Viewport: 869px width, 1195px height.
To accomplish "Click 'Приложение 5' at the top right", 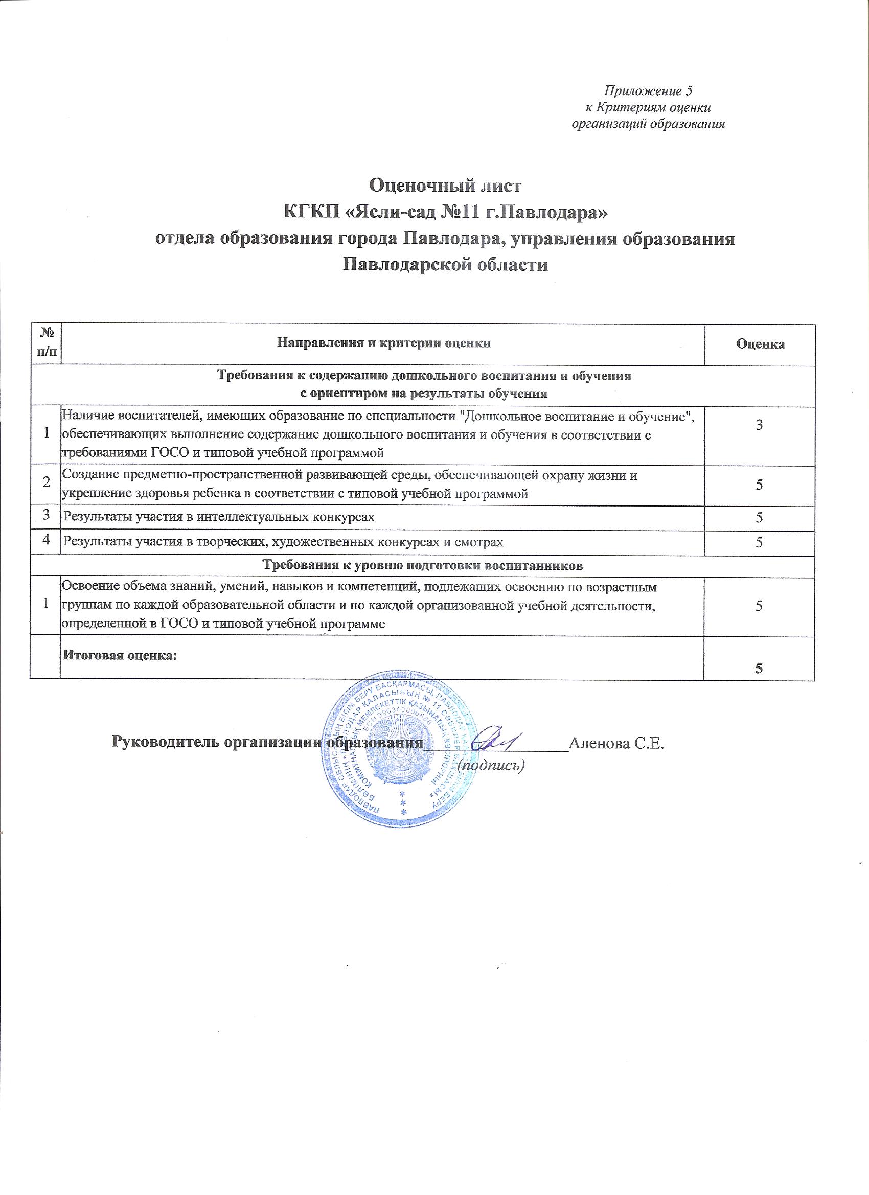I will [x=648, y=91].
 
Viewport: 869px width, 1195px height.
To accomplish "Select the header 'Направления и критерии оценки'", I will [x=384, y=343].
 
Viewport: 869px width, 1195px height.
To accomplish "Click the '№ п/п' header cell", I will [x=45, y=343].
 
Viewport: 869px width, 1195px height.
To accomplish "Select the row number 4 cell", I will [x=45, y=541].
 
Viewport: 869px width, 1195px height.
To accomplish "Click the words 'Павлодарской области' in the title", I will [x=445, y=263].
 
